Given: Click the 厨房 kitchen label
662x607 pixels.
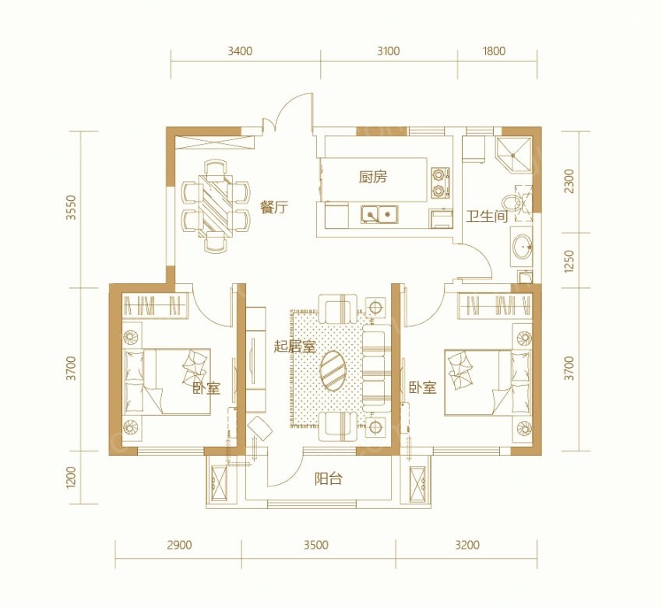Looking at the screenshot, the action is click(373, 177).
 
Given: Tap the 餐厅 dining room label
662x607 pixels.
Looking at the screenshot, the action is click(274, 208).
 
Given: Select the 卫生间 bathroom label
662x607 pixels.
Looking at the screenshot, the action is click(487, 216).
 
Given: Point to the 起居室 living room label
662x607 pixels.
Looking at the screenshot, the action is click(294, 347).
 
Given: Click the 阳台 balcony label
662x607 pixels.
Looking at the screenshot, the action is click(329, 479).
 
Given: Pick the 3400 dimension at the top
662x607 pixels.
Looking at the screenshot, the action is click(240, 51).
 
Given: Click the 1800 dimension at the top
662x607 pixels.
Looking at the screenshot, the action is click(494, 51).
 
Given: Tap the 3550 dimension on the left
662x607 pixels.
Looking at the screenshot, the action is click(71, 207).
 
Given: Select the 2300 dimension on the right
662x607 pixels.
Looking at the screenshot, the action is click(569, 181).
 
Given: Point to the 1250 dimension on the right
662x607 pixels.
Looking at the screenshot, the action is click(569, 261).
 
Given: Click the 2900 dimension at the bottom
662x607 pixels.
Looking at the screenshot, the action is click(179, 545).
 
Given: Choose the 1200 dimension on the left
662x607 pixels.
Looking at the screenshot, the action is click(71, 478).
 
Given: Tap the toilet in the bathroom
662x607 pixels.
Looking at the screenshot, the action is click(513, 202).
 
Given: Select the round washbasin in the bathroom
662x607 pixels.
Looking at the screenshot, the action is click(523, 245).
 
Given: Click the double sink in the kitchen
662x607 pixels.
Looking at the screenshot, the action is click(379, 214).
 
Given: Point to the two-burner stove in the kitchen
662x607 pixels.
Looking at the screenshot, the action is click(440, 183).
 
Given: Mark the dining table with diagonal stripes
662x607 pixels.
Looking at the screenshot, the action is click(216, 205).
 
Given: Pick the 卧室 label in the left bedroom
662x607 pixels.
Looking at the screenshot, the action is click(207, 388).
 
